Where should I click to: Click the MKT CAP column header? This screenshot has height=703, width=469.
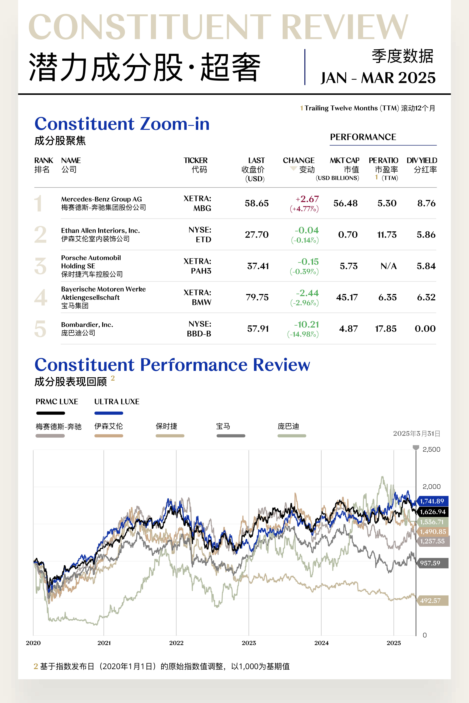click(344, 160)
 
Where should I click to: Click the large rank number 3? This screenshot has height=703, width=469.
click(40, 266)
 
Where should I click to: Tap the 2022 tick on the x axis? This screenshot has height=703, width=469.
click(176, 643)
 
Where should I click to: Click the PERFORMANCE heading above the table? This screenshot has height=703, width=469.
click(363, 137)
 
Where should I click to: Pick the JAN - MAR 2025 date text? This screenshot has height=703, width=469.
click(378, 78)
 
